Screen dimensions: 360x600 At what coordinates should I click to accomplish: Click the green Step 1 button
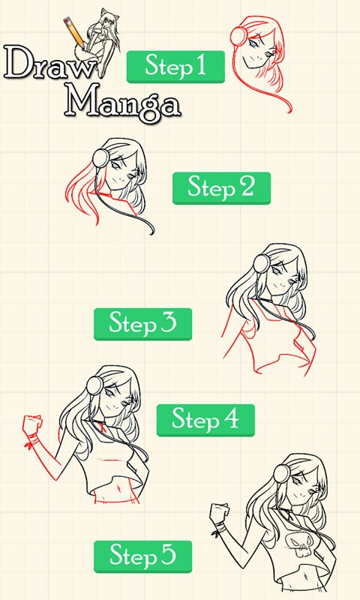point(175,67)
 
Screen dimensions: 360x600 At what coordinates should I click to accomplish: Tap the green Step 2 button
point(221,188)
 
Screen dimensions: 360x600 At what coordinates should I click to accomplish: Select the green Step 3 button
point(142,324)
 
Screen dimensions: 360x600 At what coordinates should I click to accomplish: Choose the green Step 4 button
point(205,420)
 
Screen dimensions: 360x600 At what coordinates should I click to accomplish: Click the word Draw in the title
point(49,63)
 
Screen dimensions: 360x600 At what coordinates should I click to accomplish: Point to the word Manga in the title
point(122,101)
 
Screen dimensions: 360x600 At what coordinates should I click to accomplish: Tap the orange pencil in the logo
point(74,32)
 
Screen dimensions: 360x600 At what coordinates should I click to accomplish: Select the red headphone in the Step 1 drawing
point(239,36)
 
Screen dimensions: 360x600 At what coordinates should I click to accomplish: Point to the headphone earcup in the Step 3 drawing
point(262,264)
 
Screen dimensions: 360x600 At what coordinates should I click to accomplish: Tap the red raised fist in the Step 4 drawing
point(32,424)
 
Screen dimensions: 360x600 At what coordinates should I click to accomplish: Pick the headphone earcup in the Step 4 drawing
point(94,385)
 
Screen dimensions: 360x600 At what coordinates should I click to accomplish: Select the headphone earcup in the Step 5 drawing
point(282,473)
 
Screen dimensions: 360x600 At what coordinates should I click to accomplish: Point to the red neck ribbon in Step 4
point(102,426)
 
